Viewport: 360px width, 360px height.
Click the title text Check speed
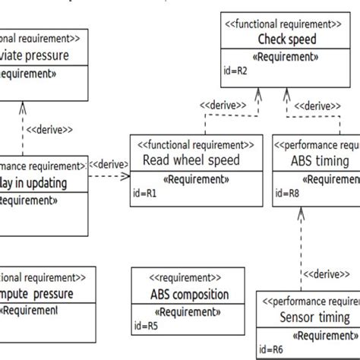coord(287,39)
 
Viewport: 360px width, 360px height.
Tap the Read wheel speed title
coord(191,160)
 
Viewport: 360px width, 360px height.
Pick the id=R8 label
coord(287,194)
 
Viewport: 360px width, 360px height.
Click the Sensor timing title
coord(314,317)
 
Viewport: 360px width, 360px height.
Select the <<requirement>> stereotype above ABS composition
coord(186,279)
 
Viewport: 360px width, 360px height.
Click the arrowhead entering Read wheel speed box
coord(127,175)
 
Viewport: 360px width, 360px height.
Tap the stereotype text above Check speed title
coord(287,24)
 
